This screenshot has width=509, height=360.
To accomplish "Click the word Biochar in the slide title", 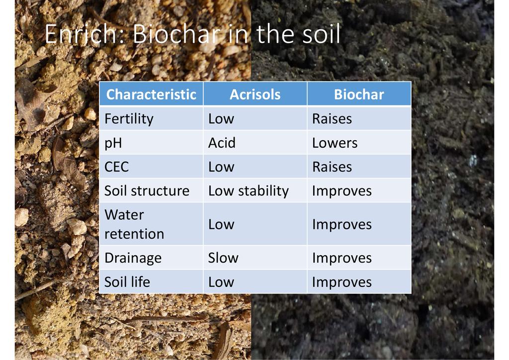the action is point(177,33).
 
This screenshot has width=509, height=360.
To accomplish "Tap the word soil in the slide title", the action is point(321,33).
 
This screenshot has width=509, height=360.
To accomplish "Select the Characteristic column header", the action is point(151,94).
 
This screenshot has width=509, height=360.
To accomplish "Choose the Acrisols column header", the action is point(255,94).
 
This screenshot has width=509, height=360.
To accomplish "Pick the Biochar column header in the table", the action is point(359,94).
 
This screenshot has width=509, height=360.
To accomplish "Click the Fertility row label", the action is point(129,119).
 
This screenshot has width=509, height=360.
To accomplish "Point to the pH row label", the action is point(113,143).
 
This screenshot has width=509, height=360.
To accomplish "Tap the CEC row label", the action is point(116,167).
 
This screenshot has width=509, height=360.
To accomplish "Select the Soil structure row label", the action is point(147,190).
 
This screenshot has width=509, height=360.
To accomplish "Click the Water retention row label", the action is point(134,224).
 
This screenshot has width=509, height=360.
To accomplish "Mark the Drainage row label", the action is point(133,259).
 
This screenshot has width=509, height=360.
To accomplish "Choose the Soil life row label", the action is point(127,282).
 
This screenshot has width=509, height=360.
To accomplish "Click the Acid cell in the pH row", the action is point(222,143).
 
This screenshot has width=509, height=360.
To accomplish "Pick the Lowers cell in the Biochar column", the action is point(335,143).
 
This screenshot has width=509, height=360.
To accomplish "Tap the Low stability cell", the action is point(249,191).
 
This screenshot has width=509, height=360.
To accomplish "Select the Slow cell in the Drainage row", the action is point(223,258).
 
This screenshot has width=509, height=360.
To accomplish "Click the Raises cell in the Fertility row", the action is point(332,119).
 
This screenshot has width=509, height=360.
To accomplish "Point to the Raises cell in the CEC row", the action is point(332,167).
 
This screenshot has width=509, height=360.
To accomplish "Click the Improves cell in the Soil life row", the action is point(342,282).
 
